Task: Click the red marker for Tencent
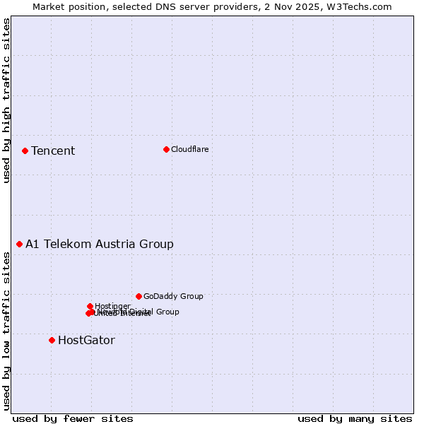pos(25,151)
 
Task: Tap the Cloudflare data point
pos(166,149)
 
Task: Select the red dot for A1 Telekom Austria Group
pos(19,244)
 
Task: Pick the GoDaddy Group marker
pos(139,296)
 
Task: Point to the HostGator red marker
pos(52,340)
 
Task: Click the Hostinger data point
pos(90,306)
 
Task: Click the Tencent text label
pos(53,151)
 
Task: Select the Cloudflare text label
pos(189,149)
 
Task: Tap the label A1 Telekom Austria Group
pos(100,244)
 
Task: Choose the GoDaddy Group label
pos(173,296)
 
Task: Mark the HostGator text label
pos(86,340)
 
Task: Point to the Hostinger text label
pos(112,306)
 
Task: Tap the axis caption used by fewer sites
pos(73,418)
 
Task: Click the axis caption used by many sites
pos(355,418)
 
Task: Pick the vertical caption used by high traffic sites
pos(6,100)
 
